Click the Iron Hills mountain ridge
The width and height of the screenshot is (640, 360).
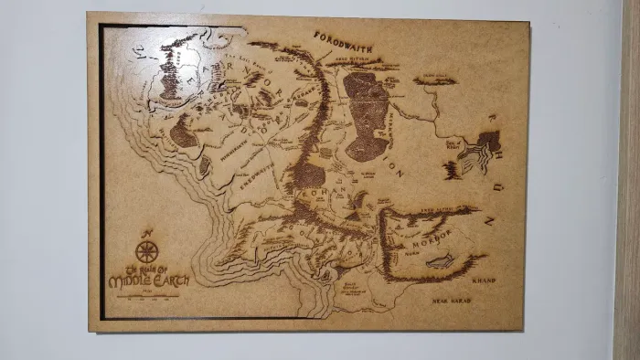point(435,80)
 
